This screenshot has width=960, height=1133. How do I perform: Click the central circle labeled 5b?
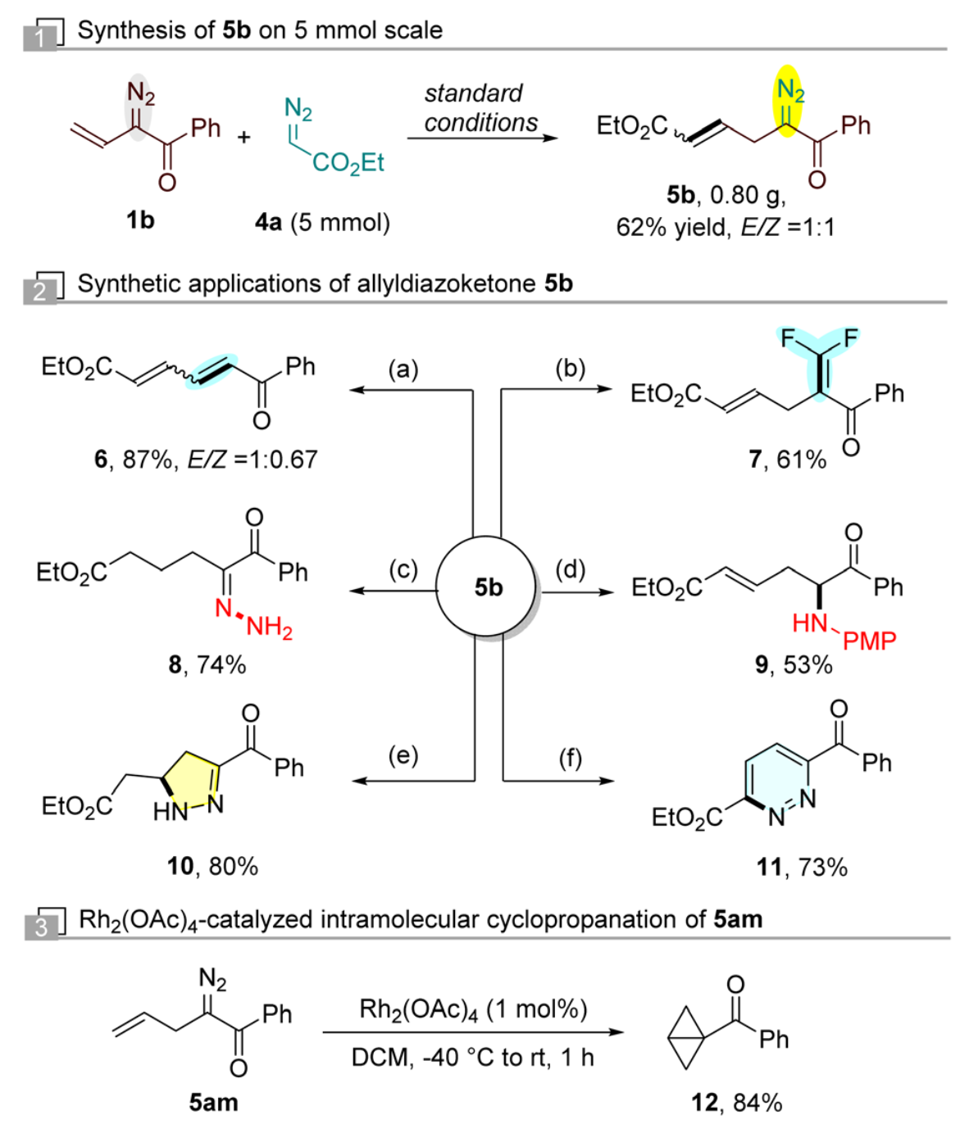487,587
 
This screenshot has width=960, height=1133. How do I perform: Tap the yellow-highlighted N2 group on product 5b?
789,90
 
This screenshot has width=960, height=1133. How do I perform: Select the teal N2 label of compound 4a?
298,108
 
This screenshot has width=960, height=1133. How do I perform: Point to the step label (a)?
403,369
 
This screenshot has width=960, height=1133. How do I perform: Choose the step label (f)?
570,758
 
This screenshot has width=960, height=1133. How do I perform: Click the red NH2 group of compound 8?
268,627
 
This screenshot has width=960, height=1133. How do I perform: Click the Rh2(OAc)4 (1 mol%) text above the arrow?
473,1008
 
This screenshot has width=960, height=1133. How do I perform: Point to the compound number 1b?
140,220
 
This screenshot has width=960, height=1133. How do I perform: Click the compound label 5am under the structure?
213,1102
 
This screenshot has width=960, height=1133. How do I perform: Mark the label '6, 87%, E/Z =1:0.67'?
205,460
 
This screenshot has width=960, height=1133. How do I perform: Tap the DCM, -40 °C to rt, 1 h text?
472,1058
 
